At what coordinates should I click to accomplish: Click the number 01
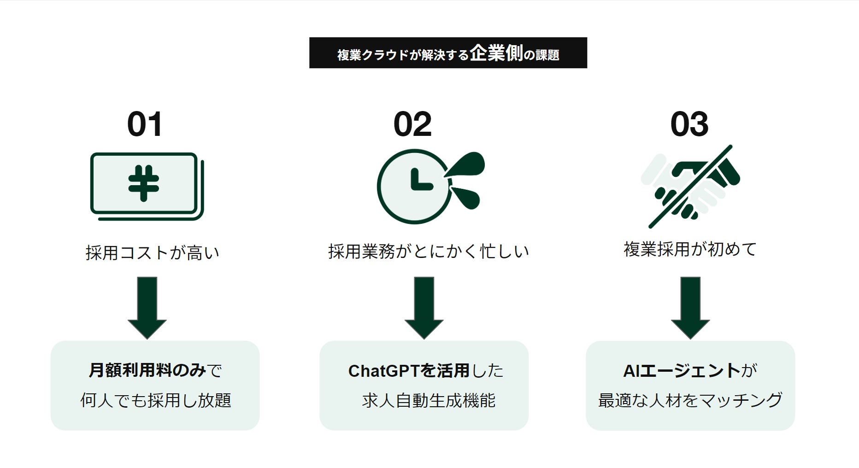click(145, 124)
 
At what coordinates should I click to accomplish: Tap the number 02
click(412, 124)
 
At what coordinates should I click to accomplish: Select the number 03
click(689, 124)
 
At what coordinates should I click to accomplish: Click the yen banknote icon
click(147, 186)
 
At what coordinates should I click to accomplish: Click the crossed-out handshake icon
click(690, 186)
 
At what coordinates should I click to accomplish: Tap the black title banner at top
click(448, 53)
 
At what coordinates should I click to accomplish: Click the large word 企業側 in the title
click(496, 54)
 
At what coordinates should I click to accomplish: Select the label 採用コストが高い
click(153, 253)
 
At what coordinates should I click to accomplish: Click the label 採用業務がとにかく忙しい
click(429, 252)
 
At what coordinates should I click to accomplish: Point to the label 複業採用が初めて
click(690, 249)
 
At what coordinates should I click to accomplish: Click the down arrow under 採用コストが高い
click(147, 307)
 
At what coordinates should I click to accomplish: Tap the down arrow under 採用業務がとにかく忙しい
click(424, 307)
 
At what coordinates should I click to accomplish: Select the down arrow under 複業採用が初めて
click(690, 307)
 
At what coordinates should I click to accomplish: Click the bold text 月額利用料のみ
click(147, 370)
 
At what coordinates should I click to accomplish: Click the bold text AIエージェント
click(682, 371)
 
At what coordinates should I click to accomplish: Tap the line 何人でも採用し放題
click(156, 400)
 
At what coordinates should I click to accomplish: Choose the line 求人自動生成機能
click(429, 401)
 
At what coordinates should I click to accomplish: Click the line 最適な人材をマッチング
click(690, 400)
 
